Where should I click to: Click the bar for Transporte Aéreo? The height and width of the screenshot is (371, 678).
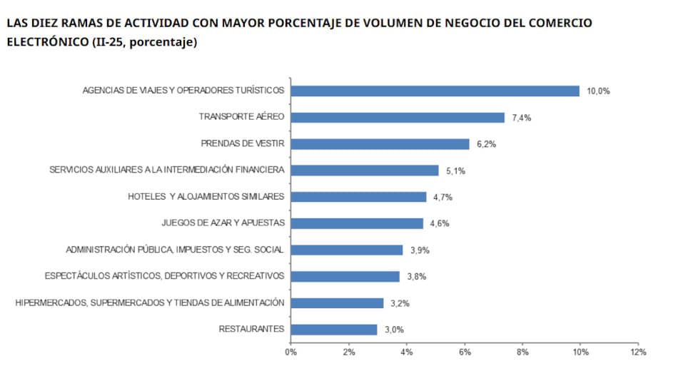(398, 118)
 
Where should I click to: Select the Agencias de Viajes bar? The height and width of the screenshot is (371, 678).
(435, 91)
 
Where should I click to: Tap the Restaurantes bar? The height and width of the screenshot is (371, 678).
(334, 330)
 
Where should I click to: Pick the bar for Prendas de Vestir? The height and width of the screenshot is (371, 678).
(380, 144)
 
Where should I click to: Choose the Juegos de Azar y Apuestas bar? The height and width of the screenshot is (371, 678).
(357, 223)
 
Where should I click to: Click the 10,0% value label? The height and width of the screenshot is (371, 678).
(598, 91)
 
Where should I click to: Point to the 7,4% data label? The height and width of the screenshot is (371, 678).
(522, 118)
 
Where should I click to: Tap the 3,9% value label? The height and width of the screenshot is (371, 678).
(420, 250)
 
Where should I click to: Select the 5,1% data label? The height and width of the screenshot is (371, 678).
(455, 171)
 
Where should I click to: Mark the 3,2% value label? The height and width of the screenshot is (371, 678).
(400, 303)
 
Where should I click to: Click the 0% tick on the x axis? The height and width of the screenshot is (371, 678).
(290, 352)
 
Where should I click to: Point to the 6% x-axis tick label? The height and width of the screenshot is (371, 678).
(465, 352)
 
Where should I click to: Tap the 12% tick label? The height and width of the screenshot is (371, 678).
(637, 352)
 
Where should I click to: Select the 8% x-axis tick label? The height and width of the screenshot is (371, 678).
(522, 352)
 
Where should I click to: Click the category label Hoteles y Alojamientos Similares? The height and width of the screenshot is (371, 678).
(206, 197)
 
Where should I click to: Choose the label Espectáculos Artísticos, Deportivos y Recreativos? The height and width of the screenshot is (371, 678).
(164, 276)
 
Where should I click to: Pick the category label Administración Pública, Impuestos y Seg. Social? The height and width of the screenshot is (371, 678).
(175, 250)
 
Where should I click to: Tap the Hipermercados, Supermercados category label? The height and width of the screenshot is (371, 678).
(150, 303)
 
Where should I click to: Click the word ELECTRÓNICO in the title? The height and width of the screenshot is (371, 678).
(46, 42)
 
